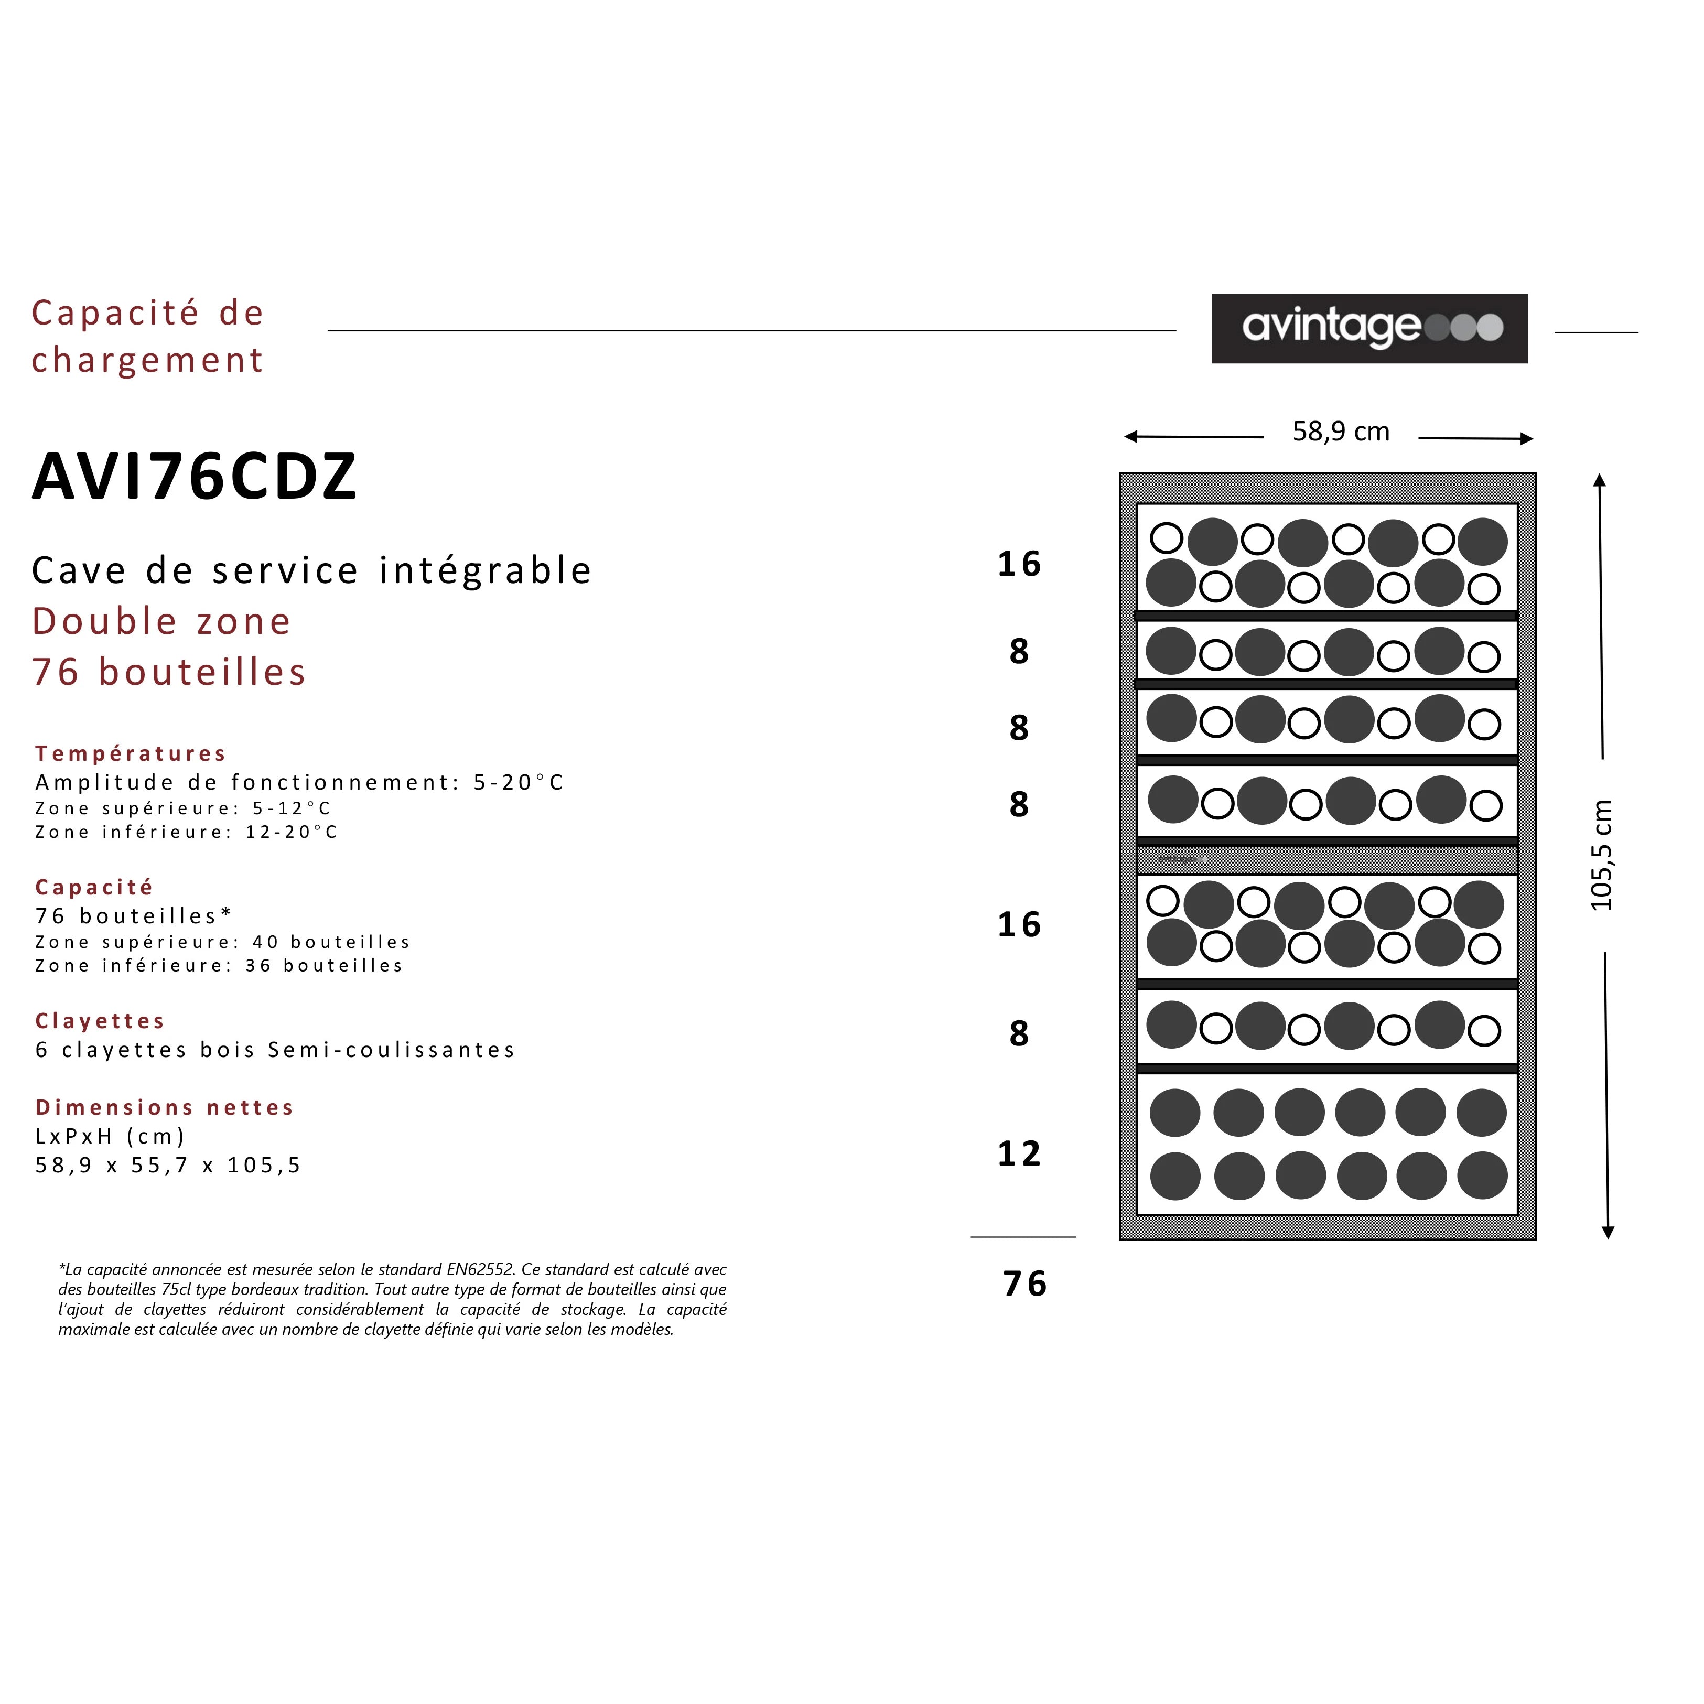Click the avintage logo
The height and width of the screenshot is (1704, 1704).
tap(1369, 328)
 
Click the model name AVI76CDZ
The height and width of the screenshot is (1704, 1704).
tap(194, 477)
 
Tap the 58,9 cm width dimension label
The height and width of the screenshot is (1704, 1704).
tap(1341, 432)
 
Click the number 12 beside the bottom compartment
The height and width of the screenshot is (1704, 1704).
tap(1019, 1153)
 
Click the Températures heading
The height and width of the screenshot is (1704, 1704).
tap(131, 753)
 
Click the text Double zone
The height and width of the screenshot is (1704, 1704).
tap(161, 621)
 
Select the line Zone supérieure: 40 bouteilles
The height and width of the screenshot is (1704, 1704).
tap(222, 942)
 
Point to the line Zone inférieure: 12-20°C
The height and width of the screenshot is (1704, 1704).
tap(186, 832)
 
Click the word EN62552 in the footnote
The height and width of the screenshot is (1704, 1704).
tap(480, 1270)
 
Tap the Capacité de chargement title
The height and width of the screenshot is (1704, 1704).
tap(147, 336)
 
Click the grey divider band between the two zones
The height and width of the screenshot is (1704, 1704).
tap(1326, 859)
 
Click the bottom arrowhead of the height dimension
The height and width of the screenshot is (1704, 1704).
tap(1608, 1233)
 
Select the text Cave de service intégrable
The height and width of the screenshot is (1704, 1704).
tap(311, 570)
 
